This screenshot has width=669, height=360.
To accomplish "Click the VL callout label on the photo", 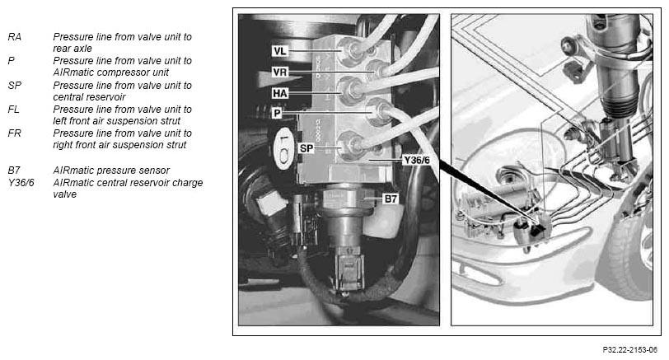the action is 279,51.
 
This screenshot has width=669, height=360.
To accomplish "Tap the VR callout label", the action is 279,72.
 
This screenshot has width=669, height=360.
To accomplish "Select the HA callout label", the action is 280,93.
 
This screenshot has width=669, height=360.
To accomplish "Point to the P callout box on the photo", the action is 278,113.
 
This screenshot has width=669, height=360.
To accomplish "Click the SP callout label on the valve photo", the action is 306,148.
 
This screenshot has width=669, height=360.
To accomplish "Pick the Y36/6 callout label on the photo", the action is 416,161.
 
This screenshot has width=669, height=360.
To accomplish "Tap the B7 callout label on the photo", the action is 391,199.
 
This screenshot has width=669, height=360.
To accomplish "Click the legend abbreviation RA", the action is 15,37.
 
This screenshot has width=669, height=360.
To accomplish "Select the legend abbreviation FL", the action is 14,110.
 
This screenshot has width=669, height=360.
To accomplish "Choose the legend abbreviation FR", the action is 14,133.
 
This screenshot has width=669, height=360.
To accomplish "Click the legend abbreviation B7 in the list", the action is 14,171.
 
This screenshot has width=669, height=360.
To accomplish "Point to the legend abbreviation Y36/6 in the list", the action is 21,183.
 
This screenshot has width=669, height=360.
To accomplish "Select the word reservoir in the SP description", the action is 107,97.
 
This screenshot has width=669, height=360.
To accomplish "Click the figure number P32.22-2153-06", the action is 629,350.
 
